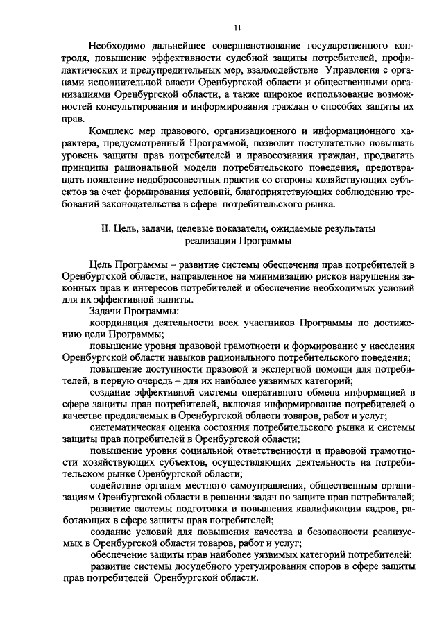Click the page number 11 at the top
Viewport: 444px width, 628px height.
click(x=237, y=28)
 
